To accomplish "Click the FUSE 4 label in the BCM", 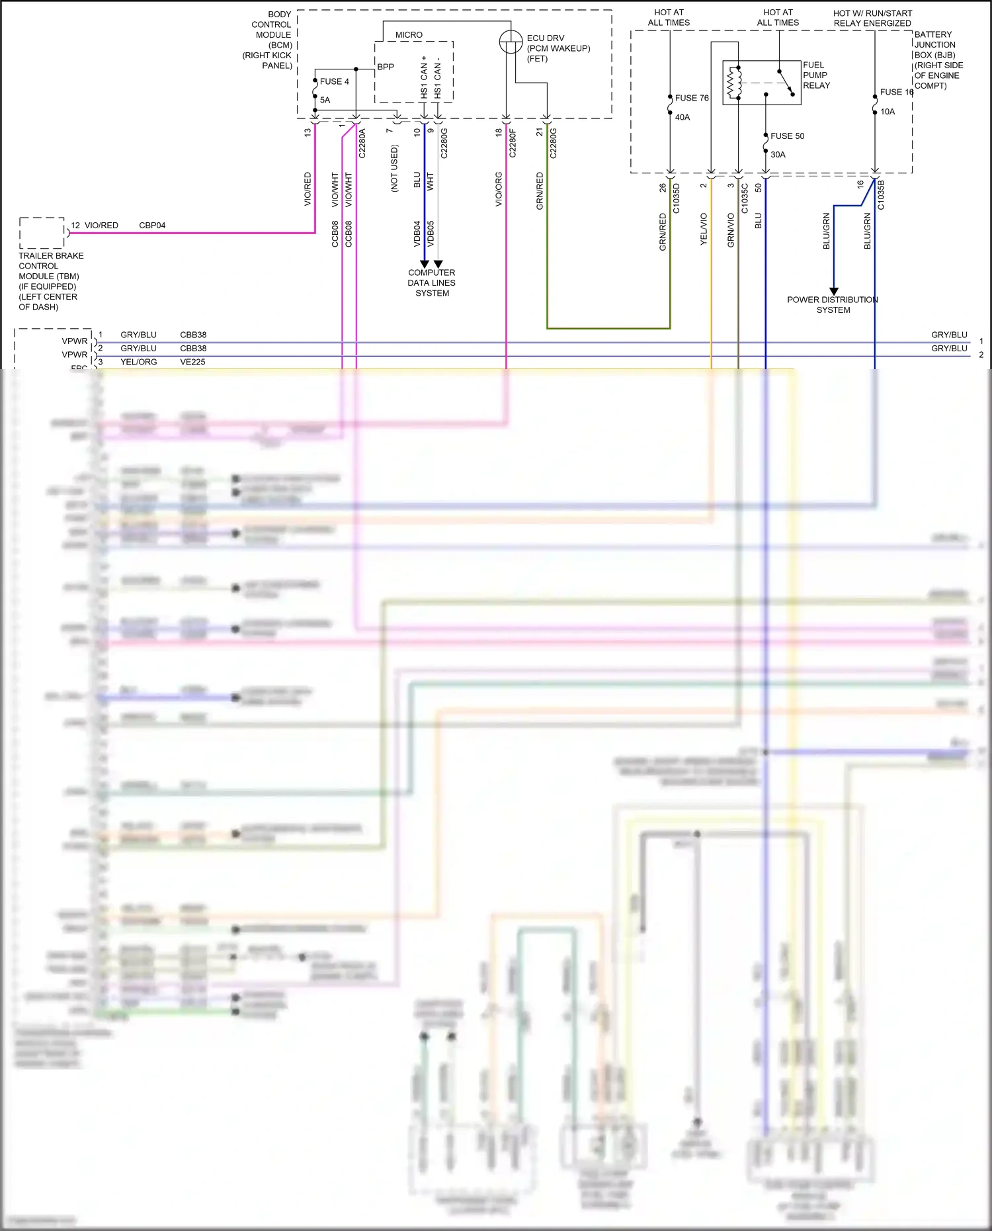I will point(334,81).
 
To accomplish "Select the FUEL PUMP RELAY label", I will point(816,75).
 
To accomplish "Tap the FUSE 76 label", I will point(692,98).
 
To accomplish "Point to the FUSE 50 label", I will point(787,136).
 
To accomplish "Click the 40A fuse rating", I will point(682,117).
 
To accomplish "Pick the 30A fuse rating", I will point(778,154).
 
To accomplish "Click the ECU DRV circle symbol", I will point(511,42).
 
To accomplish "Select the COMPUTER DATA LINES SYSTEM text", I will point(431,282).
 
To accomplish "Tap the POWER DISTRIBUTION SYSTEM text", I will point(833,304).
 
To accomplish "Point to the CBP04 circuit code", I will point(152,226).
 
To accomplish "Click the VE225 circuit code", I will point(192,362).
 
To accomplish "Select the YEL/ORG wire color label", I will point(138,362).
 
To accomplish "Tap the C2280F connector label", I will point(513,143).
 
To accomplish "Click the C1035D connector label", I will point(676,198).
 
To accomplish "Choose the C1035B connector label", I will point(881,195).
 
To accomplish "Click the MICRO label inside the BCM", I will point(409,34).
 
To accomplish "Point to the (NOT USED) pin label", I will point(394,169).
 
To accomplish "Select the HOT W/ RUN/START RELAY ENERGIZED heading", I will point(872,18).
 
